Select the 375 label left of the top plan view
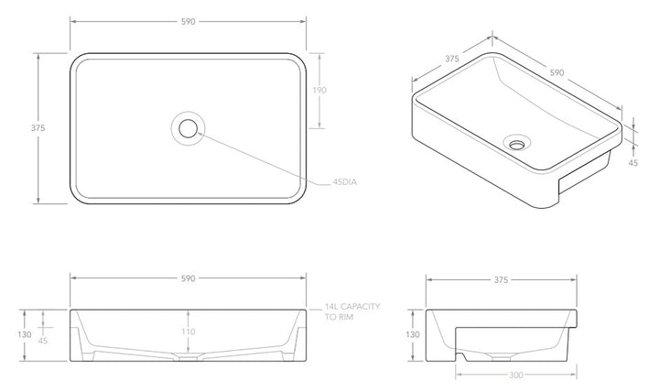tap(38, 128)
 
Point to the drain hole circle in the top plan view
tap(189, 127)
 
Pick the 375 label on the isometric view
tap(451, 59)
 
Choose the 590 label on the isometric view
tap(557, 72)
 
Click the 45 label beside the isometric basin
tap(632, 163)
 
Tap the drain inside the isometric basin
tap(516, 143)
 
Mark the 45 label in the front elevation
tap(42, 340)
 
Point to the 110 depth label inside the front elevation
tap(188, 332)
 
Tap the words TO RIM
tap(338, 320)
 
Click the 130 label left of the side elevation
tap(413, 334)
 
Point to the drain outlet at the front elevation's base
tap(188, 360)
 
